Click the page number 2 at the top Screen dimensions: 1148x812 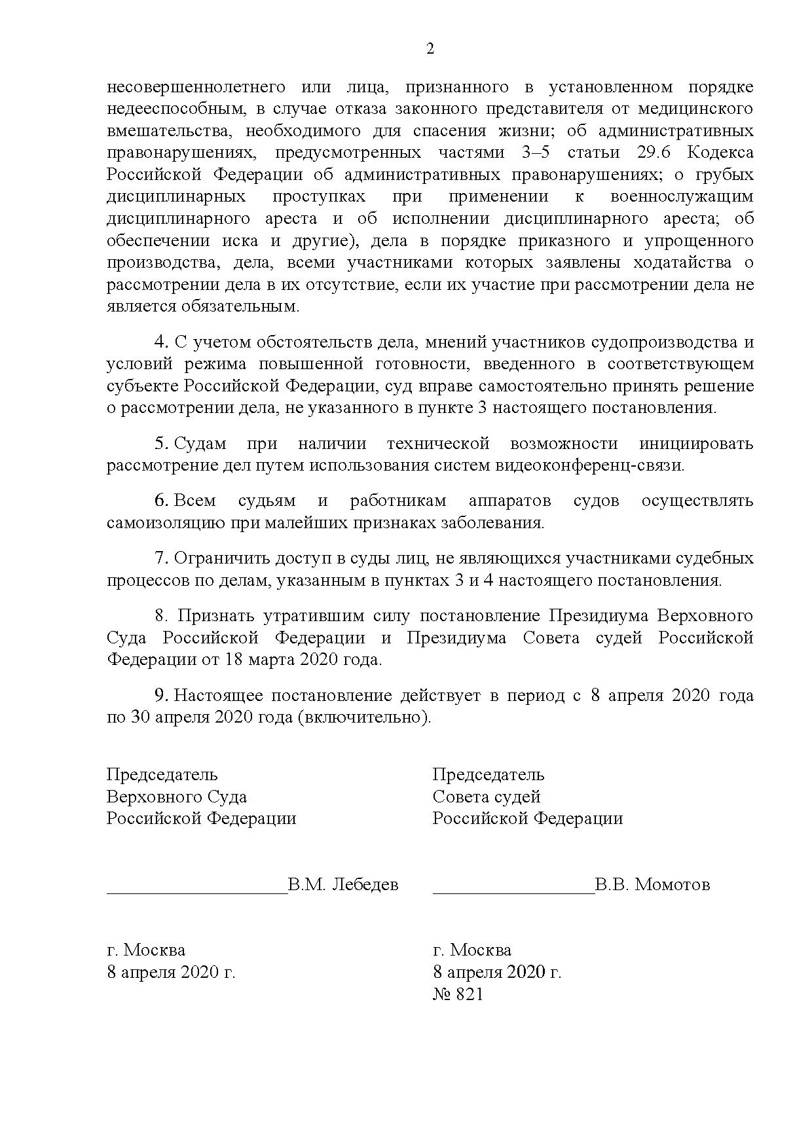430,49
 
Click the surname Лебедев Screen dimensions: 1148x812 365,885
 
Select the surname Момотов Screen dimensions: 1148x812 673,885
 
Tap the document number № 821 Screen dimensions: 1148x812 458,994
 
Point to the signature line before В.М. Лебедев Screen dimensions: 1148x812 196,890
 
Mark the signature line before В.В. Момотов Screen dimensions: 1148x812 513,890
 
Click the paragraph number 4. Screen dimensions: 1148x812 160,342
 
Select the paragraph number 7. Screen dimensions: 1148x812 160,558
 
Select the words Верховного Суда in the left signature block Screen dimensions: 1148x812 177,797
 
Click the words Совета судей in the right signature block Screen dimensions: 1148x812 486,797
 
